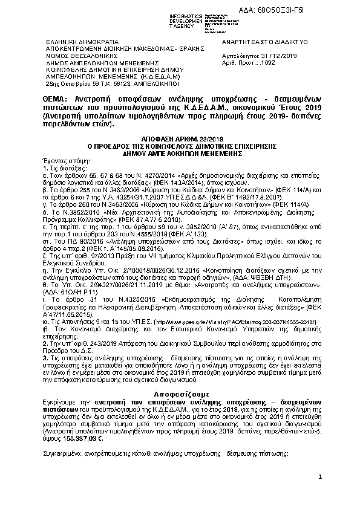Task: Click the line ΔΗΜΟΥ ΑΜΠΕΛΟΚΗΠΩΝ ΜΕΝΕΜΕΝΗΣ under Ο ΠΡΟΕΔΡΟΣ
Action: (x=182, y=154)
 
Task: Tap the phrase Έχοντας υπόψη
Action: (x=59, y=160)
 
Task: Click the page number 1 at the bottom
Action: (x=319, y=478)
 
